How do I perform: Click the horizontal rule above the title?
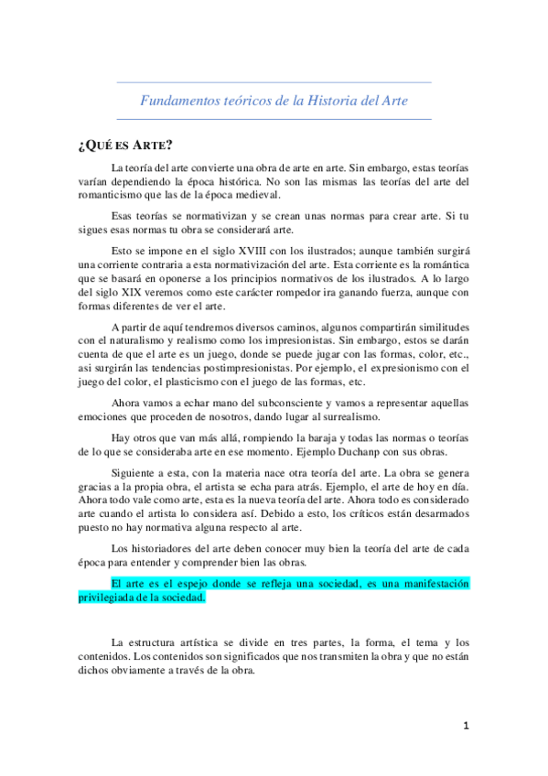[274, 83]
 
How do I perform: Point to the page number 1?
[465, 725]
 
